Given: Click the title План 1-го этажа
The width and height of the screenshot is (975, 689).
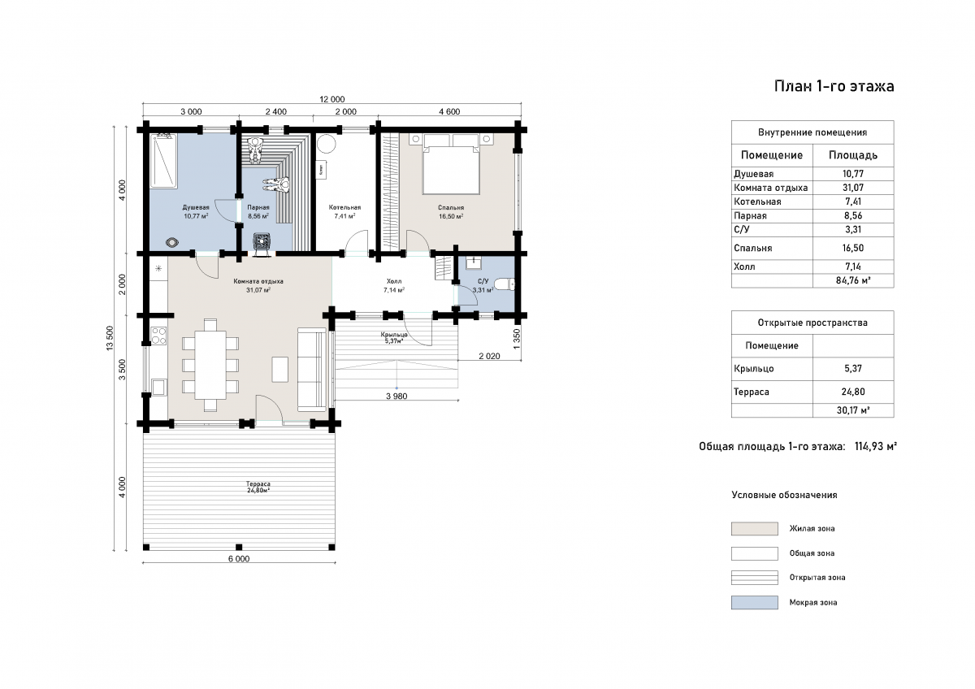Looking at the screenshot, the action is coord(834,86).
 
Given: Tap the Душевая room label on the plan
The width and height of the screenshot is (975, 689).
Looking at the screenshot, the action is coord(196,208).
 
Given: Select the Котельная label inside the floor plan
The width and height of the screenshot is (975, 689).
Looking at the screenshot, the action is coord(344,208).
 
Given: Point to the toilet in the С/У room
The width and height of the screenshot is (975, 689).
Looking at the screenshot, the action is coord(505,284).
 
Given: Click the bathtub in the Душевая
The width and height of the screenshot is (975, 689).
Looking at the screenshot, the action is coord(163,161).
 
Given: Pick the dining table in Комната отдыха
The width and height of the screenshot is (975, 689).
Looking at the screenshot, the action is coord(210,365).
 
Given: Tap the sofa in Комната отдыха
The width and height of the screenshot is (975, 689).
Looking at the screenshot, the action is coord(312,370).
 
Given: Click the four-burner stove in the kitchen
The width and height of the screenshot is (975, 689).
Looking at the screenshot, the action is coord(158,336).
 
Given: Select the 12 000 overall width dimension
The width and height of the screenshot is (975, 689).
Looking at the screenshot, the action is coord(332,100).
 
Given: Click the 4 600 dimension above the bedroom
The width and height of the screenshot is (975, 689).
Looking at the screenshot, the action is coord(449,112).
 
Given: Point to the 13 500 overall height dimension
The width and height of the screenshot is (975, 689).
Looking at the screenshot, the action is coord(110,338).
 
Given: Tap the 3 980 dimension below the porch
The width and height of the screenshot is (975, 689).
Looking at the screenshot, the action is coord(396,396).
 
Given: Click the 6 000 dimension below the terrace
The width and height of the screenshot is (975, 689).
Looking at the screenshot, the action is coord(239,559).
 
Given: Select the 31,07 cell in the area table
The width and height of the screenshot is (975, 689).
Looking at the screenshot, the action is coord(853,188).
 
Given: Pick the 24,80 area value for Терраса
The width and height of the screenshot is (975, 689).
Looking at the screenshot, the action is coord(853,392).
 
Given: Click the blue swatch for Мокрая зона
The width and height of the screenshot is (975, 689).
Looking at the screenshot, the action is coord(754,602).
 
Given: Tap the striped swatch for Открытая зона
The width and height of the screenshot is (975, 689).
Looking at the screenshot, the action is coord(754,578).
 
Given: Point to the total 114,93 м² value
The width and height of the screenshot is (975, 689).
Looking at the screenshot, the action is coord(876,447).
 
